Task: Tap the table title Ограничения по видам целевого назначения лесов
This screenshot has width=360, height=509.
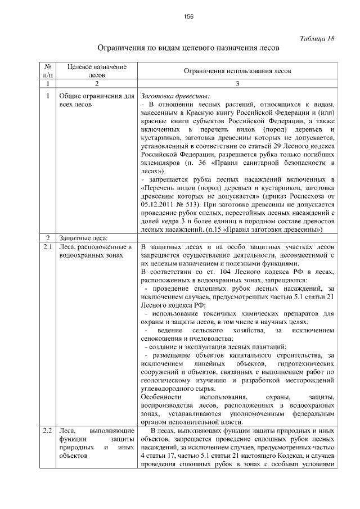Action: (188, 48)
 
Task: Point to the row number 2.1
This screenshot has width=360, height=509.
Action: (48, 247)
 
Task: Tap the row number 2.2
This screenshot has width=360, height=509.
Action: (48, 431)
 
